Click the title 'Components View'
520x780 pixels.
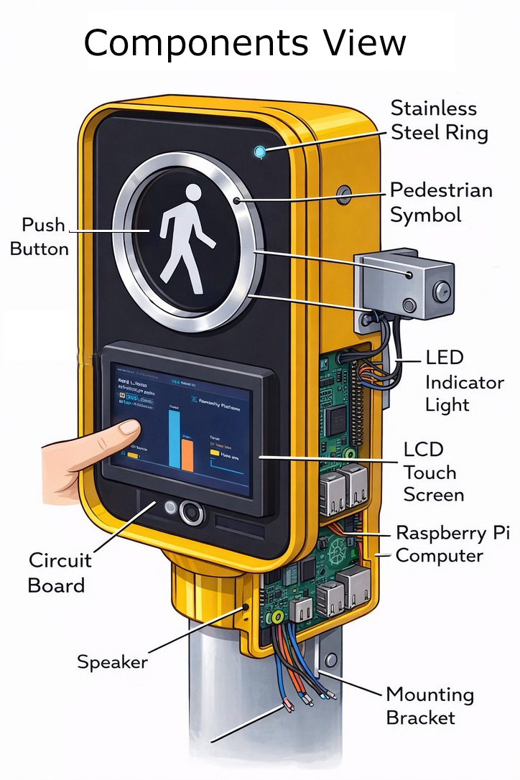245,42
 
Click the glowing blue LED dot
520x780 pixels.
259,152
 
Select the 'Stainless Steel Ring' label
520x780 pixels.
439,121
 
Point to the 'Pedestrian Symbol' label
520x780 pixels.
440,203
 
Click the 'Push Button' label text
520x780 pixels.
44,237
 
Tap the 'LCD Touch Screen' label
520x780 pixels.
433,472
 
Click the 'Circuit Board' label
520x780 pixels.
60,572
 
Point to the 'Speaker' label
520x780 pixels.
112,661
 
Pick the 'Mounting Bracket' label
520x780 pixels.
430,706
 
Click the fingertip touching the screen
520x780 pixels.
130,429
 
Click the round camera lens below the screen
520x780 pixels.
192,512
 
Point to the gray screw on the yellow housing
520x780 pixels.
345,192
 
